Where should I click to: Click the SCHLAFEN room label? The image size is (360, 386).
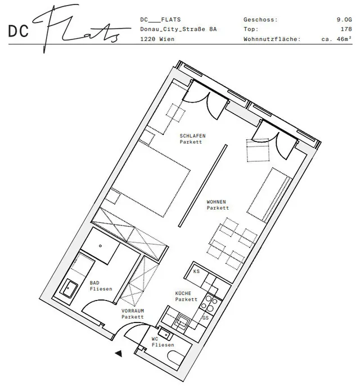192,135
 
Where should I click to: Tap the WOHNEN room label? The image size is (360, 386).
216,202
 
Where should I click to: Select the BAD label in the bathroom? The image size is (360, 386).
94,283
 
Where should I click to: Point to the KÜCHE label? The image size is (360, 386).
183,293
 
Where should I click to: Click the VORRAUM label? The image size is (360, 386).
133,311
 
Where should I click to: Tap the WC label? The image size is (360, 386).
155,339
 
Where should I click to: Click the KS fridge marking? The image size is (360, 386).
196,271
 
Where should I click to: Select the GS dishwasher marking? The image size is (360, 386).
205,317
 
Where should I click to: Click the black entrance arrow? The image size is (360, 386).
119,354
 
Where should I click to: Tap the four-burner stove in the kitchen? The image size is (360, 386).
209,303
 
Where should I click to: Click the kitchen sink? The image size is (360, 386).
182,321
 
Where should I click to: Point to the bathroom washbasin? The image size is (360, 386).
69,288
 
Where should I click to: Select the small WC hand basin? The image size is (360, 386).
164,334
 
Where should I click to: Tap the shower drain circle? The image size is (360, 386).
100,246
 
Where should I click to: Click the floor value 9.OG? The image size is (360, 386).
344,20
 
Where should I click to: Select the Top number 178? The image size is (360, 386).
346,29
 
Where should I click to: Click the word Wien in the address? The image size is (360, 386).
167,39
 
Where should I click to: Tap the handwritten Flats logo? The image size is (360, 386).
82,28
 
